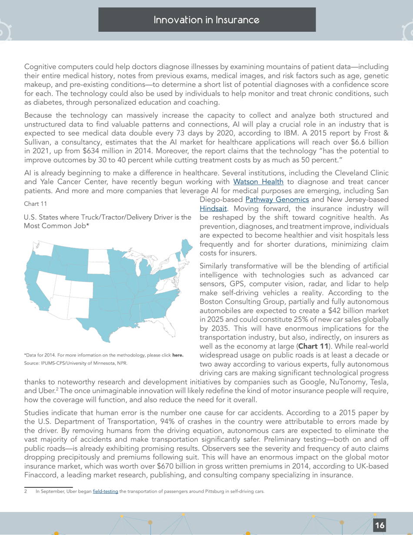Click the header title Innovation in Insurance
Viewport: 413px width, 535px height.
pos(207,20)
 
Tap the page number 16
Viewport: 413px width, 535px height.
pos(380,525)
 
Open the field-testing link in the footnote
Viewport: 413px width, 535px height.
pos(105,492)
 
